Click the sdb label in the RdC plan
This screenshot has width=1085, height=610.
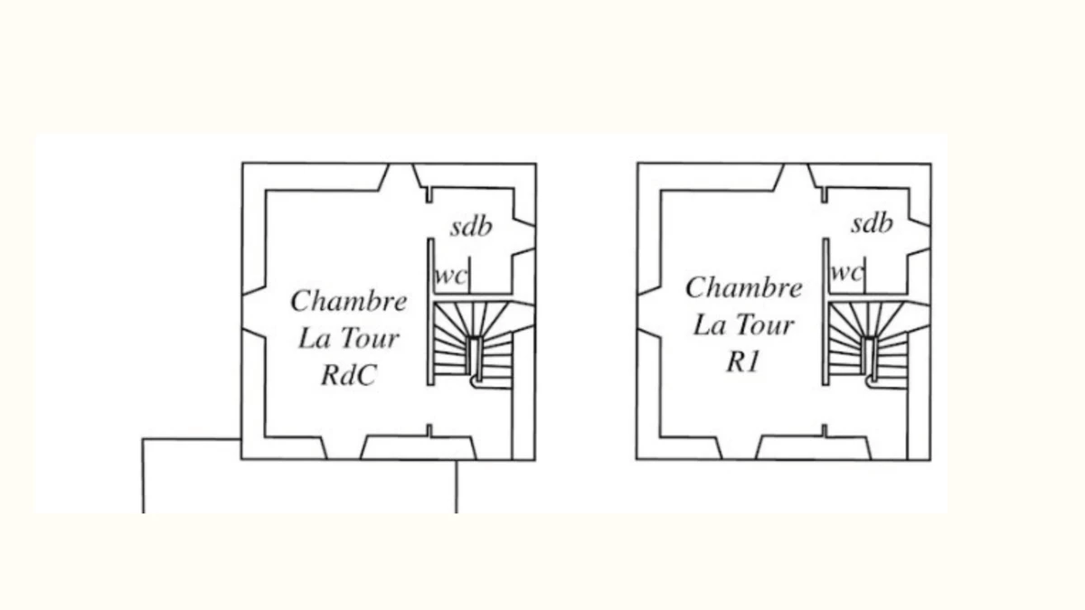pos(471,226)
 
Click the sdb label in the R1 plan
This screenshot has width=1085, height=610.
pos(872,223)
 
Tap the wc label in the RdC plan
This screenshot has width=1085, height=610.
pos(451,276)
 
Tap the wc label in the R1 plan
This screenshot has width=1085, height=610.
pos(846,272)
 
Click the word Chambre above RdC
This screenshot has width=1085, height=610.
pos(349,300)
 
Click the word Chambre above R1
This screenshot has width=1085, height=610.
pos(743,288)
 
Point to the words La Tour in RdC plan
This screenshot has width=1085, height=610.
pos(349,339)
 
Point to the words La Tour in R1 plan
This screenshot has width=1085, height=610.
pos(743,324)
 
